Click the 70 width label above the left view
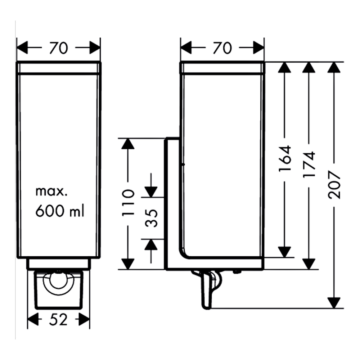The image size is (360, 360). coord(59,48)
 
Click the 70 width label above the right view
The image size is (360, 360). coord(222,48)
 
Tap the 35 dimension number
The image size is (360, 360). coord(152,218)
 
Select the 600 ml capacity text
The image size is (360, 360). coord(60,211)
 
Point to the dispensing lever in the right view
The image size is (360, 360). coord(207,292)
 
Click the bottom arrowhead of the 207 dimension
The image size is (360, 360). coord(334,303)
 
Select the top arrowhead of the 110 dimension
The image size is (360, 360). coord(128,143)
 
